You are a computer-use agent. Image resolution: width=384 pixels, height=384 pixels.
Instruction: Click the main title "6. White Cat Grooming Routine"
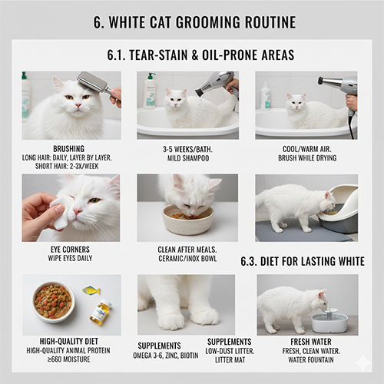[192, 22]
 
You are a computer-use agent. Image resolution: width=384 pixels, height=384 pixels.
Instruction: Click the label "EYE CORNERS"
[71, 249]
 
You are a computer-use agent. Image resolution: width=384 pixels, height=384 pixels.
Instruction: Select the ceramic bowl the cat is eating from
[188, 221]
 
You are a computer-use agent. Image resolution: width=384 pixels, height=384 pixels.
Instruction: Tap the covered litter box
[339, 209]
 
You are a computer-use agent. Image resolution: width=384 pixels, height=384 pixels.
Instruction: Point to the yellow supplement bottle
[100, 312]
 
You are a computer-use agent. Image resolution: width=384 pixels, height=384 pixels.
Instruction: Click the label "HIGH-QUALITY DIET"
[71, 340]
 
